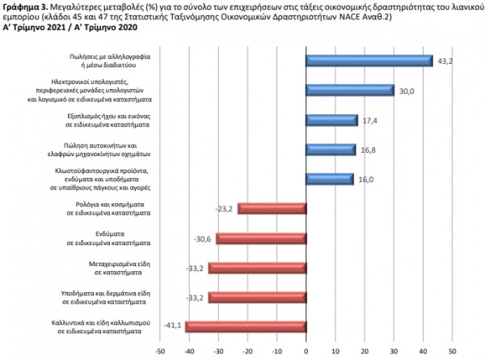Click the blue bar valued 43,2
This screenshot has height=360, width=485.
[x=369, y=61]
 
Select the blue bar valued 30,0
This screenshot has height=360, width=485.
[x=350, y=90]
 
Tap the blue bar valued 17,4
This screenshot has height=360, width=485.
[x=331, y=120]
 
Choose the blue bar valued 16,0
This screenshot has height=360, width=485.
[x=329, y=179]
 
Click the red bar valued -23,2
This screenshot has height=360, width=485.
[x=272, y=209]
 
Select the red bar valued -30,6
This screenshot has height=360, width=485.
[x=260, y=238]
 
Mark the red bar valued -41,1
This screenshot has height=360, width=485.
[x=245, y=327]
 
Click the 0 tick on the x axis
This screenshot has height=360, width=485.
[x=306, y=351]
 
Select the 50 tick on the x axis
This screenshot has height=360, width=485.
[x=452, y=351]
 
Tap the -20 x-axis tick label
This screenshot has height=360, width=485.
[x=247, y=351]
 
